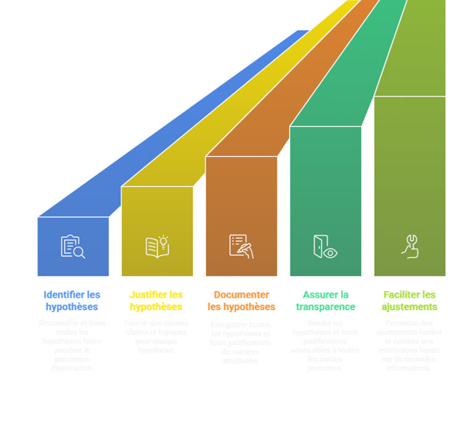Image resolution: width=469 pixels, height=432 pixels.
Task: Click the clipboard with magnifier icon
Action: [73, 246]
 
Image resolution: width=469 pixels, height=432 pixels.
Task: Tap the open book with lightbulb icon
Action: [158, 246]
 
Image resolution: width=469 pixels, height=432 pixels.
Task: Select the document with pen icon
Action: [241, 246]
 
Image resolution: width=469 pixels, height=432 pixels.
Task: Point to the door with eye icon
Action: [325, 246]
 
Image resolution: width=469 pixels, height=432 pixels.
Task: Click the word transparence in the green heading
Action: [325, 307]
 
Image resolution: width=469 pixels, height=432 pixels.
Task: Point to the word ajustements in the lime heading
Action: [409, 307]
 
